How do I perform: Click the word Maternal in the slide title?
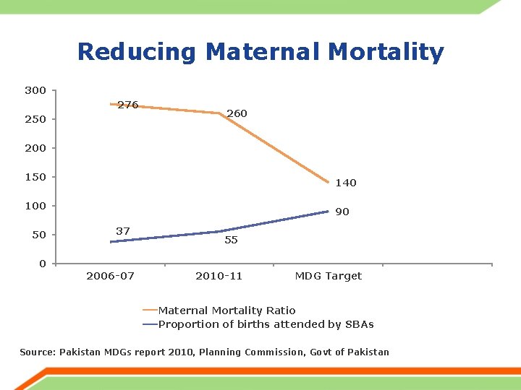262,52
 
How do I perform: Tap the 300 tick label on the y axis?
35,90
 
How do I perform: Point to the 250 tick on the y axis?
35,119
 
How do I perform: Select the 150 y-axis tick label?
35,177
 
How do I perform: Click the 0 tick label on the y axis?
43,264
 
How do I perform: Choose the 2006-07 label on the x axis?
110,276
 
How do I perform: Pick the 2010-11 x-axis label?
219,276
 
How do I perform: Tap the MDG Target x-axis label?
329,276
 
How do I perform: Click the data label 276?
128,105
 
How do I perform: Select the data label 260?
237,113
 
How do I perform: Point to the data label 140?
346,183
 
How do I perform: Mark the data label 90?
342,212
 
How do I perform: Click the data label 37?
123,231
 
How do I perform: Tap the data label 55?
231,240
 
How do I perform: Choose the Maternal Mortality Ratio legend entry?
226,311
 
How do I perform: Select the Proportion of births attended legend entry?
266,324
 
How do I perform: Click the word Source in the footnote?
37,352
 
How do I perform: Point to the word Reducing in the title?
137,52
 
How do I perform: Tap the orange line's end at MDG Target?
329,182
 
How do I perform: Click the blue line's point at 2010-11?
220,231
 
